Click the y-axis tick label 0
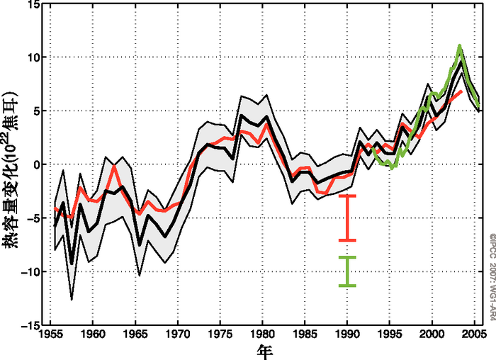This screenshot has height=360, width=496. (35, 164)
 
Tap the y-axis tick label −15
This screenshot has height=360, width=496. (28, 325)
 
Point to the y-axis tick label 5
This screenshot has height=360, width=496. (35, 111)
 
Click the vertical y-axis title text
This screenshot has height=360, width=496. (10, 164)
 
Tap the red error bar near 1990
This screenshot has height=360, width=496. (347, 218)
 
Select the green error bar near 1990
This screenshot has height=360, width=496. (347, 271)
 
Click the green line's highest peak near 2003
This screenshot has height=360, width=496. (460, 47)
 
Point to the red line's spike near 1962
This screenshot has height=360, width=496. (114, 166)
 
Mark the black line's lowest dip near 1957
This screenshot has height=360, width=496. (72, 264)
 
